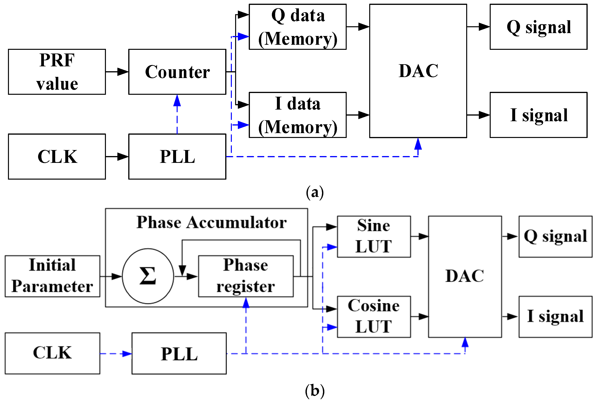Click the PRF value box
tap(57, 72)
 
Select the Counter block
tap(177, 72)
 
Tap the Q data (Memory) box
tap(298, 27)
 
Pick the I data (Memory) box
tap(298, 115)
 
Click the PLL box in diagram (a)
tap(177, 156)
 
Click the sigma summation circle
tap(148, 276)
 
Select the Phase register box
tap(246, 276)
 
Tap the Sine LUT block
tap(374, 236)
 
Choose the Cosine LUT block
tap(374, 317)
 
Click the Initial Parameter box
tap(52, 276)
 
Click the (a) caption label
tap(315, 192)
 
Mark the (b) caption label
tap(315, 391)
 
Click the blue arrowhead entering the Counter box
tap(177, 100)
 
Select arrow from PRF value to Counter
tap(117, 72)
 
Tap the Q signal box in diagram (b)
tap(556, 236)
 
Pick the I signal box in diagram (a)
tap(539, 115)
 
